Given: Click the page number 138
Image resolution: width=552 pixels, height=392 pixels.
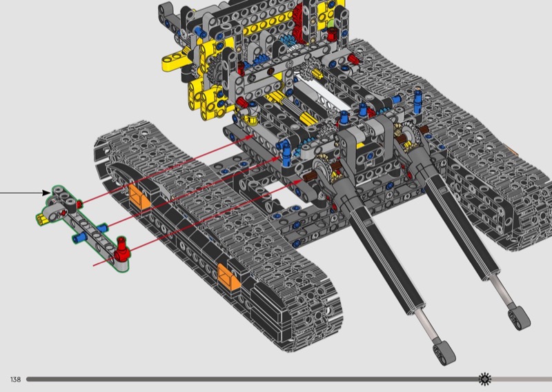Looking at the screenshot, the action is pos(15,380).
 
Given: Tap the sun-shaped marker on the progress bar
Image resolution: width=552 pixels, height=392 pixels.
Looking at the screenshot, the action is pos(485,379).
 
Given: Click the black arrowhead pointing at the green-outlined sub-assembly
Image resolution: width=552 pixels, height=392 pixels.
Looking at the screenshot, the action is pos(46,193).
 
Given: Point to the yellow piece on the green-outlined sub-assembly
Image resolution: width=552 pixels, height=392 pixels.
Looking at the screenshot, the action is pos(42,219).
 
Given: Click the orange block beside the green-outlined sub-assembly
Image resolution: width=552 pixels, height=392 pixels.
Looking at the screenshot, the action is pos(139,197).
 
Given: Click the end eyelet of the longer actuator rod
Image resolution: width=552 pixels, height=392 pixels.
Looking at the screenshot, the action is pos(444,352).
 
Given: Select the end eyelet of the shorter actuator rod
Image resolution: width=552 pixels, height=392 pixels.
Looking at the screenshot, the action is pos(519,318).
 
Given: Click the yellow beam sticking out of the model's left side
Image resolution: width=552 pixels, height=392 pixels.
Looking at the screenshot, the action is pos(174,61).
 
